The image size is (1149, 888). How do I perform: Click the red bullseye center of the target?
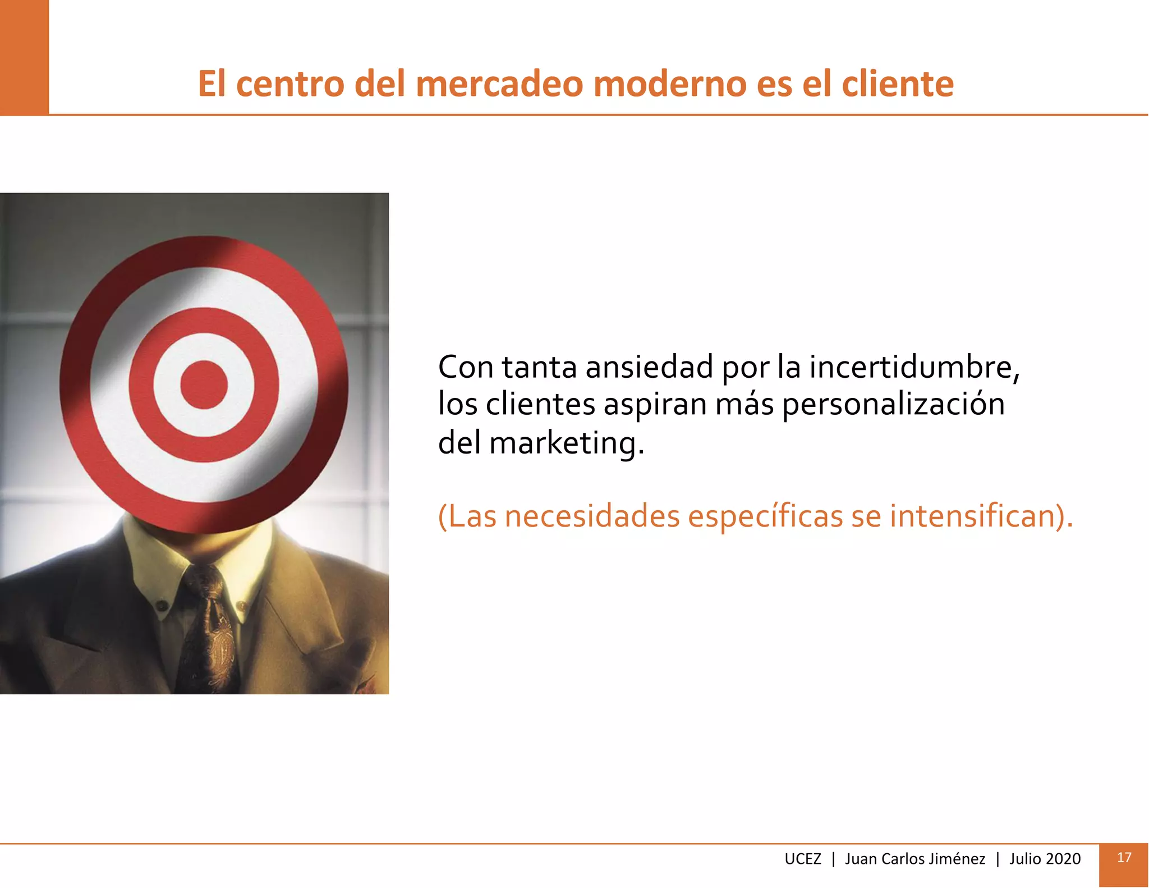(x=204, y=385)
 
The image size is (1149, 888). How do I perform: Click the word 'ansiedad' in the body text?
(x=649, y=368)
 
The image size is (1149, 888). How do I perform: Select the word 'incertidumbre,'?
(x=914, y=368)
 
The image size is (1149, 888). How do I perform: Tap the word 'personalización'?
(x=893, y=404)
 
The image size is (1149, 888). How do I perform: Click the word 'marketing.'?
(x=567, y=443)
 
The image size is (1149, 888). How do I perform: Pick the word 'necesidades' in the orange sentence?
(x=592, y=516)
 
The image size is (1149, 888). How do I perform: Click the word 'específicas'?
(x=765, y=516)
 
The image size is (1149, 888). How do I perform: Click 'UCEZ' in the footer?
(x=802, y=859)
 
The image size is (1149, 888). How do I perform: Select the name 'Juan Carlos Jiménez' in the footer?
(x=914, y=859)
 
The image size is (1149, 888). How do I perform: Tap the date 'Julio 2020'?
(x=1045, y=859)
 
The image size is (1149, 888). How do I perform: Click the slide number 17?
(x=1124, y=858)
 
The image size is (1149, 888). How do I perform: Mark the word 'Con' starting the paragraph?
(x=466, y=368)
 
